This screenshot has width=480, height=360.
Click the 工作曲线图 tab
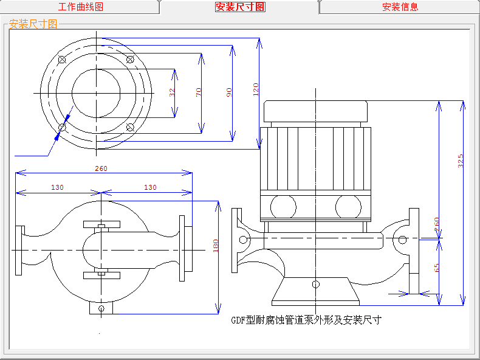(80, 7)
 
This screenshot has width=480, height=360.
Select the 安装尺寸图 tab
(240, 7)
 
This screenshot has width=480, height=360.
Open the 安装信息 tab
(400, 7)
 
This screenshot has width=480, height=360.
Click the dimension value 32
(173, 92)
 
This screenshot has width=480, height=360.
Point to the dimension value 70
(199, 92)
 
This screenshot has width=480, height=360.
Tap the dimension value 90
(229, 92)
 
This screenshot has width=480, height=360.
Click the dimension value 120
(256, 89)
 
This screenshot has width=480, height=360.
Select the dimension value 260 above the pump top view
(102, 168)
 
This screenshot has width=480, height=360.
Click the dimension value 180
(215, 246)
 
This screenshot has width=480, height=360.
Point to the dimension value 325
(461, 161)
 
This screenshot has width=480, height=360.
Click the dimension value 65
(437, 268)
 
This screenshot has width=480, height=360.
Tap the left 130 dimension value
(57, 187)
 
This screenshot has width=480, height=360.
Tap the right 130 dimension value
(150, 187)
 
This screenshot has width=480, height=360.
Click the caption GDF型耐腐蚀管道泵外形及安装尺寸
(306, 320)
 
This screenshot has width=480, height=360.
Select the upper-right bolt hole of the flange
(129, 59)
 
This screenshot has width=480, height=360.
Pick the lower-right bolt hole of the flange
(130, 126)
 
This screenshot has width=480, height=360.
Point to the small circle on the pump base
(315, 284)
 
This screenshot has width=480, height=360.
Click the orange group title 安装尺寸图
(33, 24)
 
